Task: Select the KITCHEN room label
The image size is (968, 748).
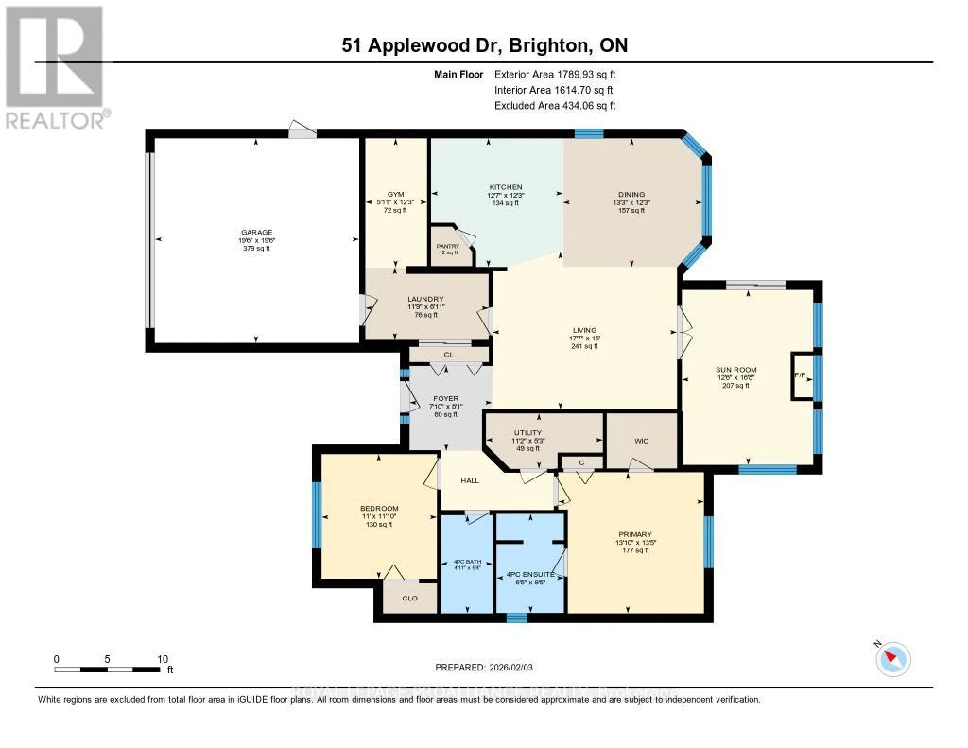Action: point(505,187)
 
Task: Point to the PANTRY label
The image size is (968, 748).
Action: point(447,246)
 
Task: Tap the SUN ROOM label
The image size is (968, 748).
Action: point(735,369)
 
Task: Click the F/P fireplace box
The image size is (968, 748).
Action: point(800,376)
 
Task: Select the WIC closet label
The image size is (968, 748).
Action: point(640,440)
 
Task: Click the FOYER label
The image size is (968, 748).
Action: point(444,399)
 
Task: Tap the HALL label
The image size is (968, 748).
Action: point(470,479)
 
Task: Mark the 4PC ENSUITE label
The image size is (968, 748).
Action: point(529,574)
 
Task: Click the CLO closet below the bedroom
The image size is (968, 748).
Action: point(409,598)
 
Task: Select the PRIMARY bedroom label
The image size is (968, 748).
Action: point(635,534)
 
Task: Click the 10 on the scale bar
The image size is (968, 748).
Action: point(163,659)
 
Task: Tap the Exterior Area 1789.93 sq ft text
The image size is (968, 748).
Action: point(555,74)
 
